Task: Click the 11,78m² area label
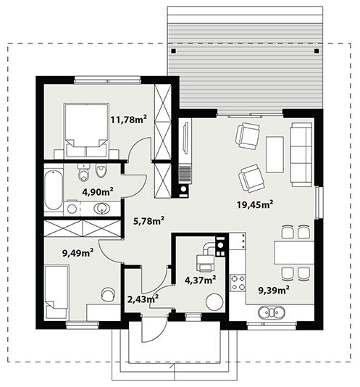click(x=128, y=120)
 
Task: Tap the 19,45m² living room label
click(x=255, y=204)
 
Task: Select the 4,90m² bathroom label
click(x=98, y=191)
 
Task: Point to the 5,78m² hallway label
click(x=148, y=221)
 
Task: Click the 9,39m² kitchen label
click(x=274, y=290)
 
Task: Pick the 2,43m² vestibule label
click(x=143, y=299)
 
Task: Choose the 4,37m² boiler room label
click(x=201, y=280)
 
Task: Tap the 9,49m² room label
click(x=78, y=253)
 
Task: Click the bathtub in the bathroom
click(x=54, y=189)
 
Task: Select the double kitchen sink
click(x=272, y=312)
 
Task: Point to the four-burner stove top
click(x=238, y=283)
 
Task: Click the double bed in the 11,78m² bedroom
click(x=86, y=130)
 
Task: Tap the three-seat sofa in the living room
click(x=301, y=154)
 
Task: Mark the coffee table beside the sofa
click(x=275, y=154)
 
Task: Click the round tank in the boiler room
click(x=214, y=301)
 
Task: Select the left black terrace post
click(x=174, y=51)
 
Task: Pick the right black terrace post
click(x=317, y=51)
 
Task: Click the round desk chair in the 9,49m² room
click(x=108, y=294)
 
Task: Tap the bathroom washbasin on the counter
click(x=101, y=208)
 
